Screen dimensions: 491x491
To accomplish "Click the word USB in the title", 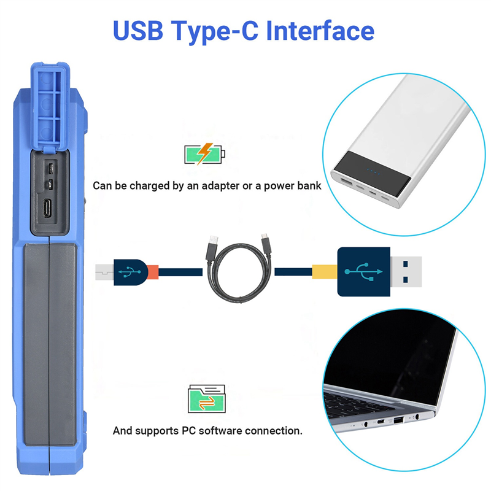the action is click(x=138, y=30).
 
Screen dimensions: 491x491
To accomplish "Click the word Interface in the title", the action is click(x=320, y=30).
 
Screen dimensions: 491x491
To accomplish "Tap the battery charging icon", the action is click(x=204, y=154).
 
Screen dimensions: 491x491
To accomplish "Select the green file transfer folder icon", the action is click(x=207, y=398).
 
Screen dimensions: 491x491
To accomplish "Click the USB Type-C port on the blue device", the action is click(x=48, y=208).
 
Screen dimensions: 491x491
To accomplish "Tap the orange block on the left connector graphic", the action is click(x=153, y=272).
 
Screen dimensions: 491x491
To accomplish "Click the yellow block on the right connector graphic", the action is click(x=325, y=271).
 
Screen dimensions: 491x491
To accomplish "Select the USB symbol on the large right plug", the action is click(x=363, y=271).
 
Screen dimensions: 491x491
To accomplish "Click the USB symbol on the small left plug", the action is click(x=130, y=272).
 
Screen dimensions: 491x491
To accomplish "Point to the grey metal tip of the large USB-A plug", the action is click(x=406, y=271).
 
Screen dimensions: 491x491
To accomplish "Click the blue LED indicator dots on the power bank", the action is click(x=373, y=172).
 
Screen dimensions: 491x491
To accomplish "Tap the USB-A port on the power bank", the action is click(x=346, y=182).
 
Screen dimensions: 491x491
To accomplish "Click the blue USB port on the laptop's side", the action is click(x=398, y=420).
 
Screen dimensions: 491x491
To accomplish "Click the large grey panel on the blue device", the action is click(x=50, y=344).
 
